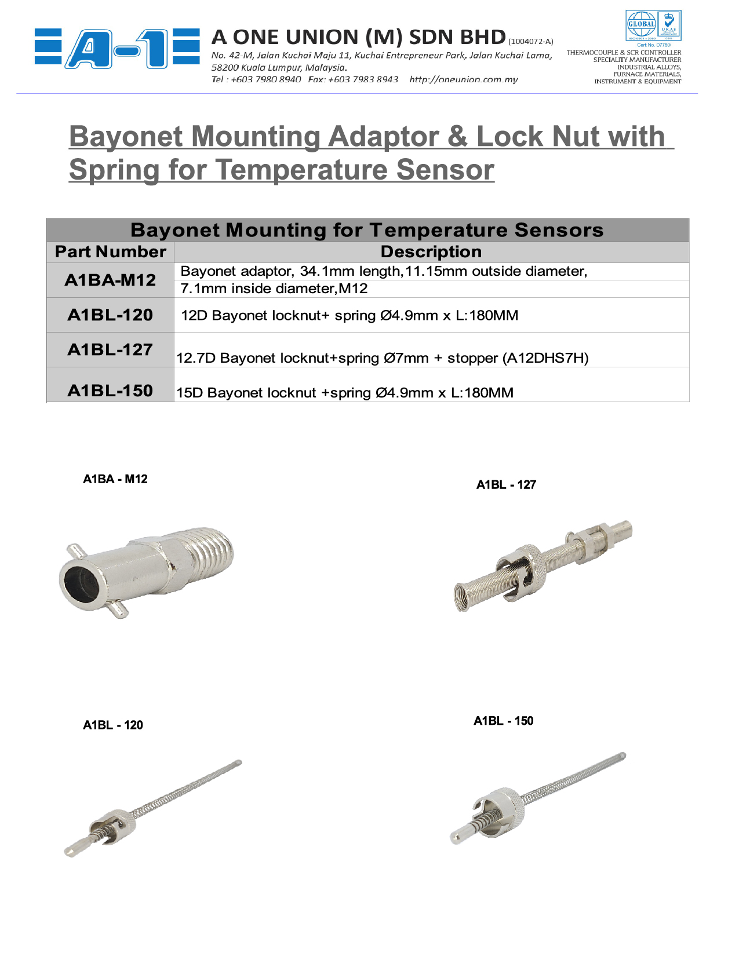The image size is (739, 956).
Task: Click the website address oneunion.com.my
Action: pyautogui.click(x=463, y=79)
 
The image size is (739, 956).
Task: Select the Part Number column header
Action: pyautogui.click(x=110, y=252)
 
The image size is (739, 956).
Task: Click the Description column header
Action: pyautogui.click(x=431, y=252)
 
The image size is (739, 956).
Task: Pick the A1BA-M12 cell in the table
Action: pyautogui.click(x=110, y=280)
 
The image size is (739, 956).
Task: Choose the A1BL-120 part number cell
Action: pyautogui.click(x=110, y=315)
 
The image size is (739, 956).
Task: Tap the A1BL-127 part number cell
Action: pyautogui.click(x=110, y=350)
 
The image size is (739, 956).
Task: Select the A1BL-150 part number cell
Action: pyautogui.click(x=110, y=391)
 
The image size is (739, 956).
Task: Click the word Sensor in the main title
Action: pyautogui.click(x=445, y=170)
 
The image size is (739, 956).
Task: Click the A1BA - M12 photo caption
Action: pyautogui.click(x=115, y=479)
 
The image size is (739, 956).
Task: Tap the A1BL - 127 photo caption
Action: pyautogui.click(x=506, y=485)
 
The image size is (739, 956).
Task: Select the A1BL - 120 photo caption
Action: pyautogui.click(x=113, y=725)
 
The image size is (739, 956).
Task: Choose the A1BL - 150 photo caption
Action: pyautogui.click(x=504, y=721)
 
